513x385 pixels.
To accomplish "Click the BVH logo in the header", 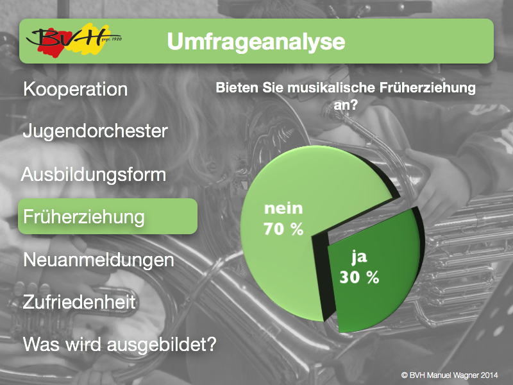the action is click(x=74, y=40).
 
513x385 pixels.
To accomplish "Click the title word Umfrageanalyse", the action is click(x=256, y=42).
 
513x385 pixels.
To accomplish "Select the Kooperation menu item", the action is click(x=76, y=89).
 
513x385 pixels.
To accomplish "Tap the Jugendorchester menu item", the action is click(x=95, y=132).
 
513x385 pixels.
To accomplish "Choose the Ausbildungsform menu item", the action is click(x=94, y=175).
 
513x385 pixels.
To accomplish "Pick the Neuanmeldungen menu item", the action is click(x=99, y=261).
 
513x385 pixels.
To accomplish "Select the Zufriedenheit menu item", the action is click(x=80, y=302).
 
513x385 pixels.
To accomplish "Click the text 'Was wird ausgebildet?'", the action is click(x=120, y=345).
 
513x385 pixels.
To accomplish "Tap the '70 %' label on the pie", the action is click(x=283, y=229).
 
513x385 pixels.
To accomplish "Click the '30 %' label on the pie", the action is click(x=359, y=277).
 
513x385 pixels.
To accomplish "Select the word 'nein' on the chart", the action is click(x=283, y=208).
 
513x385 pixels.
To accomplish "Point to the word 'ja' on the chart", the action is click(x=359, y=257).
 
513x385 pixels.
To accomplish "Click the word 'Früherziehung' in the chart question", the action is click(x=428, y=88).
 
